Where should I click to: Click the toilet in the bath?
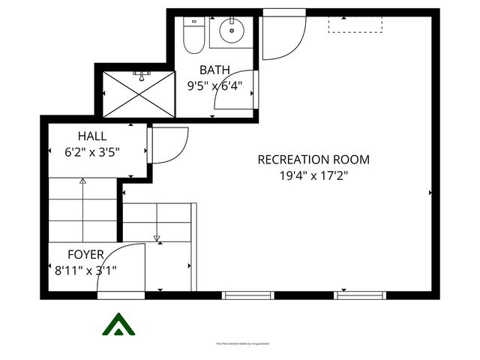(193, 35)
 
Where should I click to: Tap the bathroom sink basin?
(231, 31)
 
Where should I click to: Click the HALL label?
(92, 136)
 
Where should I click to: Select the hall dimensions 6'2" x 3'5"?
(92, 151)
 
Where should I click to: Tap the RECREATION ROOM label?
(313, 160)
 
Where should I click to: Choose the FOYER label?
(85, 255)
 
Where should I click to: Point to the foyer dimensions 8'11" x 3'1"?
(85, 270)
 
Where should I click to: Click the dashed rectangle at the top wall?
(355, 23)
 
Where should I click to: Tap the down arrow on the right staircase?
(157, 238)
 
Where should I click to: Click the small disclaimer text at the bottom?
(241, 344)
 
